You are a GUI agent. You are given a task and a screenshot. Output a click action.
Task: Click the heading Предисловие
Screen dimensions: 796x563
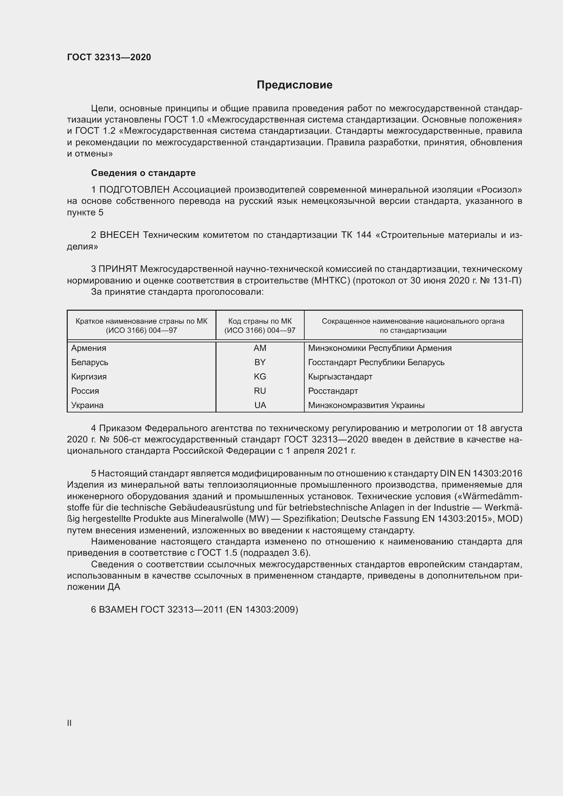point(294,85)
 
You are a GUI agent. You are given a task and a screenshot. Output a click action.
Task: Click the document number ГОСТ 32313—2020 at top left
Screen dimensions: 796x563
point(109,57)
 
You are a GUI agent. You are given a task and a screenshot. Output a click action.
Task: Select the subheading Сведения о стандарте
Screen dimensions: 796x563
point(143,173)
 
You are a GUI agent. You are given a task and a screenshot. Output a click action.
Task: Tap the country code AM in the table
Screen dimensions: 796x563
point(260,348)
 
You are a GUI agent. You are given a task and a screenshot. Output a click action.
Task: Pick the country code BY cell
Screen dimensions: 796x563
point(260,362)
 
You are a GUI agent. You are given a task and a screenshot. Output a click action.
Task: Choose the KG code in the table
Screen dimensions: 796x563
point(260,376)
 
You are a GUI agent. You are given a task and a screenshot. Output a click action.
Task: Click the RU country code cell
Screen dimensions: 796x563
point(260,391)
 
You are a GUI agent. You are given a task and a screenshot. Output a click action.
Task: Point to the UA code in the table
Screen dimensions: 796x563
point(260,405)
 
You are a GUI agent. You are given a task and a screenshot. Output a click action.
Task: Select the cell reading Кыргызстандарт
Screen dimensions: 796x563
point(340,376)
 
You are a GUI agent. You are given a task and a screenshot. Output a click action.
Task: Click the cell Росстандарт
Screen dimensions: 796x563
point(333,391)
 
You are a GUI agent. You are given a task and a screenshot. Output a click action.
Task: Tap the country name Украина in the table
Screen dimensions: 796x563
point(87,405)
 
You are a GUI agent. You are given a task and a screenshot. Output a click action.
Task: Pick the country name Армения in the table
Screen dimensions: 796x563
point(89,348)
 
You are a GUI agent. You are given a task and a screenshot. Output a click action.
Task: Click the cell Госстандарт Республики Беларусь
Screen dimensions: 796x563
point(376,362)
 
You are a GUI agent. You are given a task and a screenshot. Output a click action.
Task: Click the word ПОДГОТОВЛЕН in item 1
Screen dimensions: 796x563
point(134,190)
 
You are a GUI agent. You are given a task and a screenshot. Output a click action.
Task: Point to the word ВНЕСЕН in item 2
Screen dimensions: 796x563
point(119,235)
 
